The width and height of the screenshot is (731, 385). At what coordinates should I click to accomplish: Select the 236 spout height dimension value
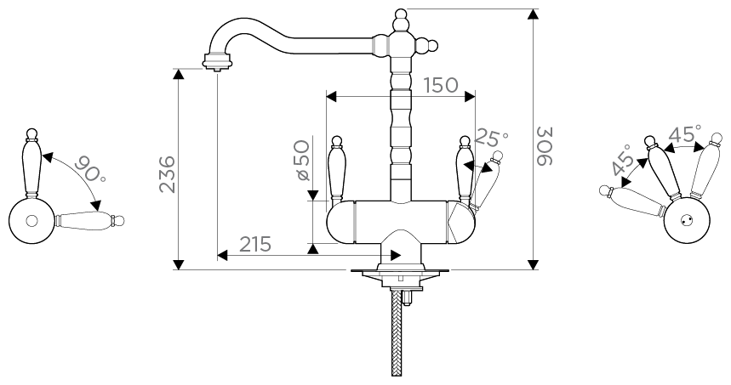pyautogui.click(x=167, y=174)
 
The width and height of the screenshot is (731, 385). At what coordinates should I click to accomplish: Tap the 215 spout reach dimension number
pyautogui.click(x=255, y=244)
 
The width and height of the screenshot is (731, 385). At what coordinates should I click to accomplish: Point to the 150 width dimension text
pyautogui.click(x=441, y=85)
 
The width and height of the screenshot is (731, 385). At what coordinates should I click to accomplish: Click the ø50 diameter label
pyautogui.click(x=302, y=161)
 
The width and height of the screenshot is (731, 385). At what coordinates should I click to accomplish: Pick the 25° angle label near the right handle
pyautogui.click(x=491, y=136)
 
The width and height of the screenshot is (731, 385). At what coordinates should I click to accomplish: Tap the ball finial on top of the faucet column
pyautogui.click(x=400, y=14)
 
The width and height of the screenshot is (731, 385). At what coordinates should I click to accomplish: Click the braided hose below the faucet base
pyautogui.click(x=397, y=332)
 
